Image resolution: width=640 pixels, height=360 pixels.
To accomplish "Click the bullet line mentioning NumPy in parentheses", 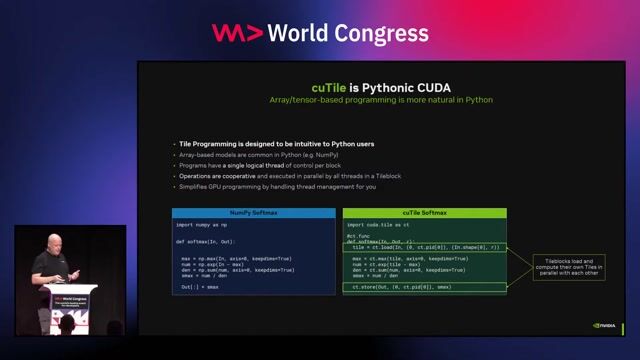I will point(244,156).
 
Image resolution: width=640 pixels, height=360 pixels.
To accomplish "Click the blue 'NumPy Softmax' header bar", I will point(254,213).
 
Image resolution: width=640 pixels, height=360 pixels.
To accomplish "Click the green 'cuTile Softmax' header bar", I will point(424,213).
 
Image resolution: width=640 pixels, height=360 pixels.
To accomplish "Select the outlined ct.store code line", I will point(400,287).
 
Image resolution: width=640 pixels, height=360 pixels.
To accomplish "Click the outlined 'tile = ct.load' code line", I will point(420,247).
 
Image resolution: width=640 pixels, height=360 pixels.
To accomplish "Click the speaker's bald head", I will point(50,241).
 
